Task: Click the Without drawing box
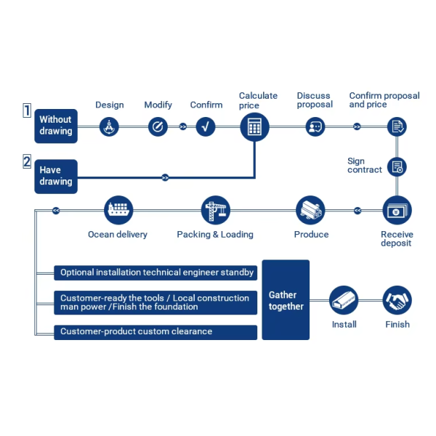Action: [x=56, y=126]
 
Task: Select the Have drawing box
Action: [x=56, y=177]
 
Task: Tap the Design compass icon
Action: [x=109, y=126]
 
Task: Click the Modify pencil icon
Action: [x=158, y=126]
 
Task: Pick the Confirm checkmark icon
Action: [x=206, y=126]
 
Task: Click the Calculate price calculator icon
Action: [x=254, y=127]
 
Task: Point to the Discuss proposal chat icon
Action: [x=315, y=126]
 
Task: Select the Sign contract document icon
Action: [x=397, y=167]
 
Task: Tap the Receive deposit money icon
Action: [x=397, y=210]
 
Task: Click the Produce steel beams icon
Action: [x=310, y=210]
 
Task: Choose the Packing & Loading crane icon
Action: [x=216, y=210]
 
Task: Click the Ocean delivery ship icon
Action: [x=118, y=210]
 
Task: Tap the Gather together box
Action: [x=286, y=299]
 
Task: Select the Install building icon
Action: [x=344, y=300]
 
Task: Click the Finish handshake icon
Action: [x=397, y=300]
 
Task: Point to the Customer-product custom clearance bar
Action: [x=156, y=332]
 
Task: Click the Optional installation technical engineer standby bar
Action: [x=156, y=272]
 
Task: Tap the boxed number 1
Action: [x=27, y=110]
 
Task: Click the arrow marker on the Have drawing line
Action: [x=165, y=177]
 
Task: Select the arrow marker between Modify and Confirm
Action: [x=182, y=126]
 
